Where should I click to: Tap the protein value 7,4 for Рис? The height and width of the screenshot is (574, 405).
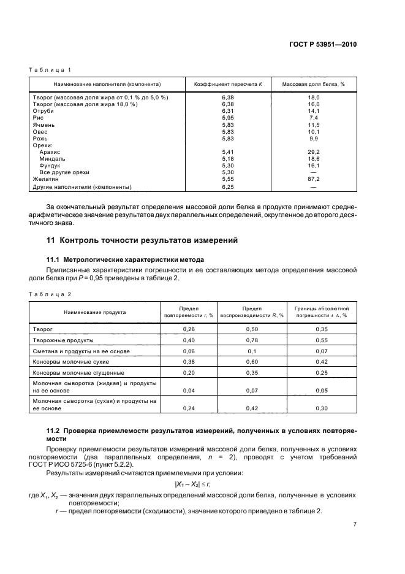[313, 118]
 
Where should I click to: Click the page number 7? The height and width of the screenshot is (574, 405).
[355, 524]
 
